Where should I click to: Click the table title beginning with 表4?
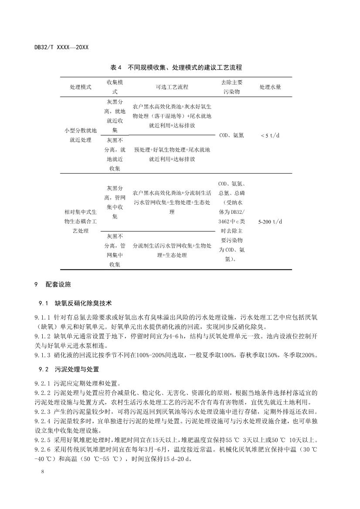pyautogui.click(x=176, y=67)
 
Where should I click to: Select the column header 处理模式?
pyautogui.click(x=81, y=87)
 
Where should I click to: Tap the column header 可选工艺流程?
pyautogui.click(x=172, y=87)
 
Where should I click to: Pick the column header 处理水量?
pyautogui.click(x=270, y=87)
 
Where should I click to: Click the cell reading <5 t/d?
pyautogui.click(x=270, y=135)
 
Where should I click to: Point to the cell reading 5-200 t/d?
pyautogui.click(x=270, y=222)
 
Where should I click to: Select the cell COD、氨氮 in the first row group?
pyautogui.click(x=232, y=135)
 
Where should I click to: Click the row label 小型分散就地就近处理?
pyautogui.click(x=81, y=135)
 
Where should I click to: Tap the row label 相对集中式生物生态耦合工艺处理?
pyautogui.click(x=81, y=222)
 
